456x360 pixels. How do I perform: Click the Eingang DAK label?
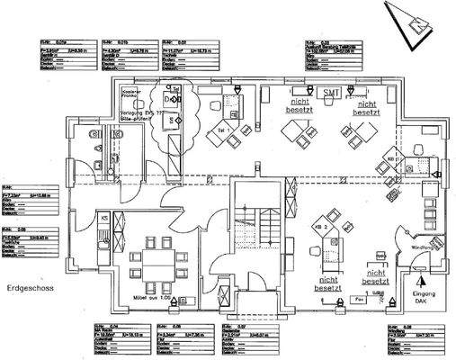(x=424, y=300)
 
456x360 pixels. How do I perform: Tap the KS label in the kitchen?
(x=105, y=218)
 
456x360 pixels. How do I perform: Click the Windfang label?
(x=422, y=247)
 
